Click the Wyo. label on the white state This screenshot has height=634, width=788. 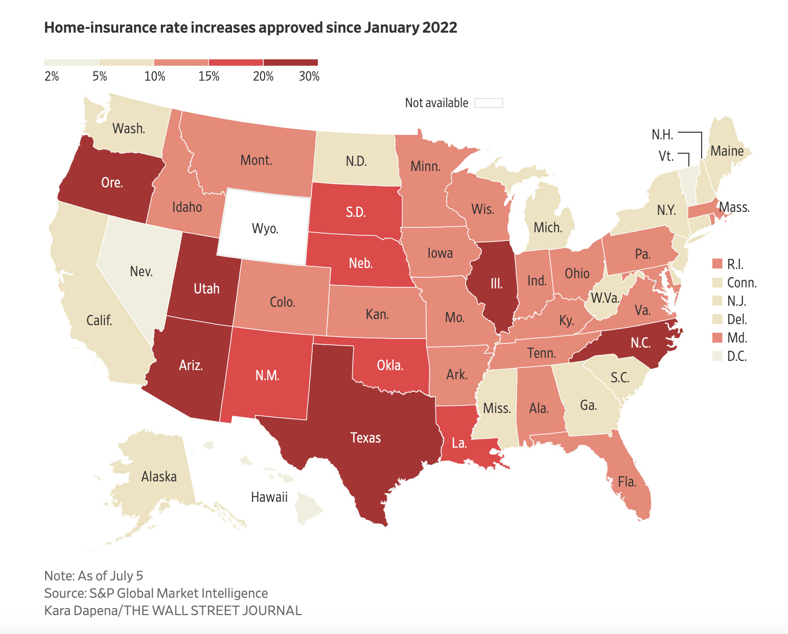pyautogui.click(x=265, y=228)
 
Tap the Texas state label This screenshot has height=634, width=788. pyautogui.click(x=365, y=437)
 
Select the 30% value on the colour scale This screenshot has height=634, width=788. pyautogui.click(x=309, y=77)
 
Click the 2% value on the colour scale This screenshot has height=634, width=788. pyautogui.click(x=52, y=77)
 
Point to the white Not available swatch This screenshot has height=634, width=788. pyautogui.click(x=489, y=103)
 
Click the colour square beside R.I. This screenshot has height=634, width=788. pyautogui.click(x=717, y=264)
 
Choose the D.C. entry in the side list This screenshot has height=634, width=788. pyautogui.click(x=736, y=356)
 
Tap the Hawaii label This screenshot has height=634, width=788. pyautogui.click(x=269, y=497)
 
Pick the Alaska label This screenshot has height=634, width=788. pyautogui.click(x=159, y=477)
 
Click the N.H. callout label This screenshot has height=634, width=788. pyautogui.click(x=662, y=135)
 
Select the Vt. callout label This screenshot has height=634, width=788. pyautogui.click(x=666, y=156)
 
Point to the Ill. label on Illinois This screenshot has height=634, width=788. pyautogui.click(x=496, y=283)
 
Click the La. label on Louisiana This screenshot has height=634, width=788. pyautogui.click(x=459, y=443)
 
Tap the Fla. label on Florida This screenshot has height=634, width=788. pyautogui.click(x=627, y=482)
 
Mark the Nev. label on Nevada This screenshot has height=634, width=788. pyautogui.click(x=141, y=271)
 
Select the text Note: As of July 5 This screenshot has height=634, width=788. pyautogui.click(x=94, y=576)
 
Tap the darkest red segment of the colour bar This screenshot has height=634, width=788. pyautogui.click(x=290, y=62)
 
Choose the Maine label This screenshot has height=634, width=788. pyautogui.click(x=727, y=151)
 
